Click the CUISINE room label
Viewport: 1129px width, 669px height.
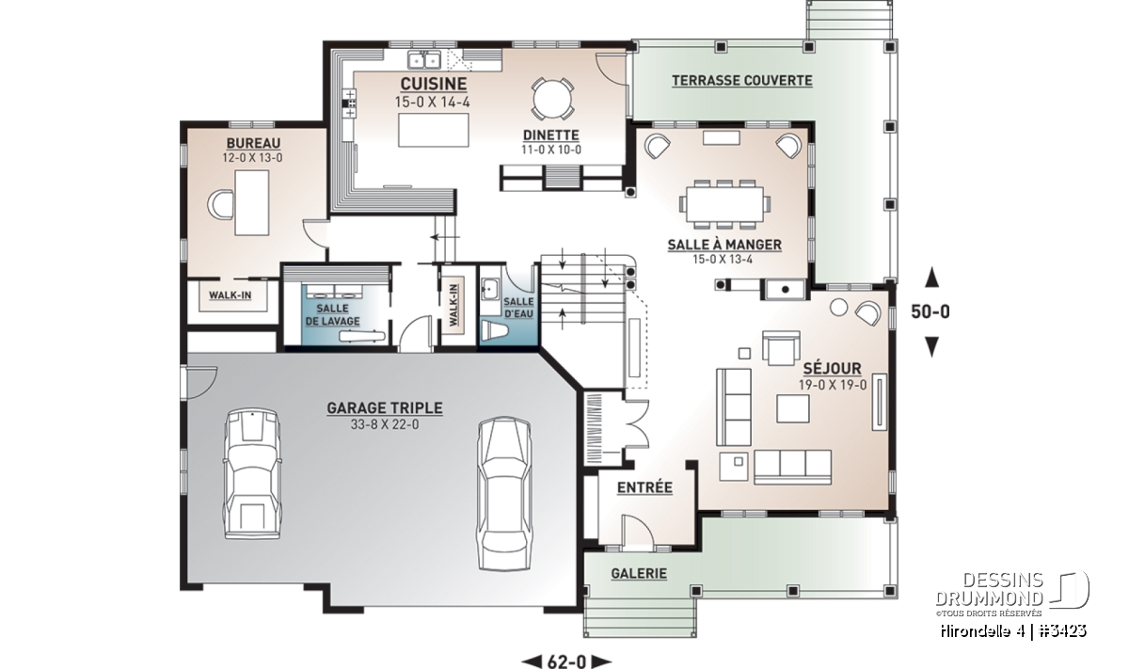point(434,84)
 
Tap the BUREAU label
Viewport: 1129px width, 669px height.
point(253,143)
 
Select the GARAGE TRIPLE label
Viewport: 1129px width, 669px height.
point(385,407)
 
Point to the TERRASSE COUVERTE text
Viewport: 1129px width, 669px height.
point(742,80)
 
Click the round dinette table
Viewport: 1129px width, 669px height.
point(553,99)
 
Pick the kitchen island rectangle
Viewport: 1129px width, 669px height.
point(434,130)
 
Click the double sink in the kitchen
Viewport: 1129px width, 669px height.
point(424,60)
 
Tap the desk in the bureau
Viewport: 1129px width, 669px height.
point(252,202)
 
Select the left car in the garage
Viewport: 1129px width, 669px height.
point(252,474)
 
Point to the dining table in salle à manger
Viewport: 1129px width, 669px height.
point(724,204)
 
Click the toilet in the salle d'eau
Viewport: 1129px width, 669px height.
point(492,331)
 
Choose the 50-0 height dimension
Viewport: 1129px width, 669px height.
point(930,311)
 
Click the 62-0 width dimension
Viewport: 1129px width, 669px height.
point(567,661)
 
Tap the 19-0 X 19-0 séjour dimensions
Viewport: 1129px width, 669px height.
point(833,385)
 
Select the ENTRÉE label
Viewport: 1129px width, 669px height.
point(644,487)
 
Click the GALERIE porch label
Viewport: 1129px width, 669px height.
point(639,573)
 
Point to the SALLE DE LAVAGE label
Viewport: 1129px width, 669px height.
point(333,314)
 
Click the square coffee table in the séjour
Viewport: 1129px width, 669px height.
point(793,408)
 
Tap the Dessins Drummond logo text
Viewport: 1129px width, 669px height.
point(990,589)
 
